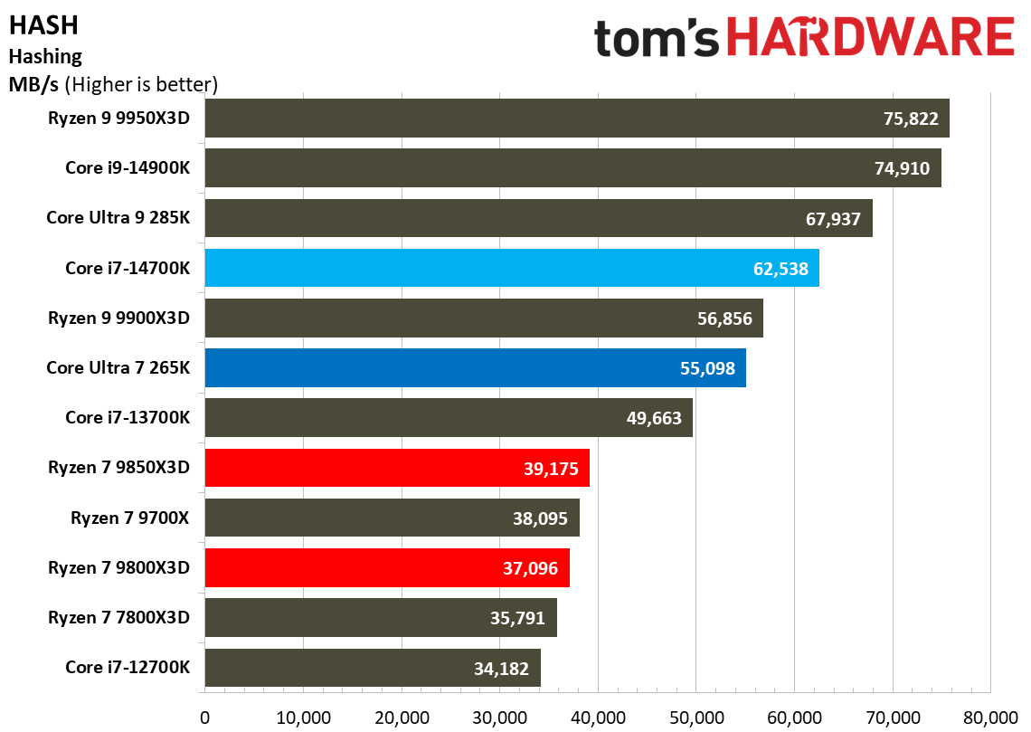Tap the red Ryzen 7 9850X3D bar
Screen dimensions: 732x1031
point(397,468)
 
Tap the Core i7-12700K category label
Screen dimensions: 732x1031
point(128,668)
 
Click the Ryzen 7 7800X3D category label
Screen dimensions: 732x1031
point(119,618)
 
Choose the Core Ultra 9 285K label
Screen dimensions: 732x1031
point(118,218)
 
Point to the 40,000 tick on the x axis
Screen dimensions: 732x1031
point(598,717)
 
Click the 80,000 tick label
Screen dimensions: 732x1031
point(990,717)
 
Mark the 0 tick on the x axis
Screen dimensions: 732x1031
point(205,717)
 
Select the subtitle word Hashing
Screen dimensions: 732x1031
point(45,57)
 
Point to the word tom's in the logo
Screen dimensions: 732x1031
point(657,39)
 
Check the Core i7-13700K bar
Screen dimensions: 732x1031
point(449,418)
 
